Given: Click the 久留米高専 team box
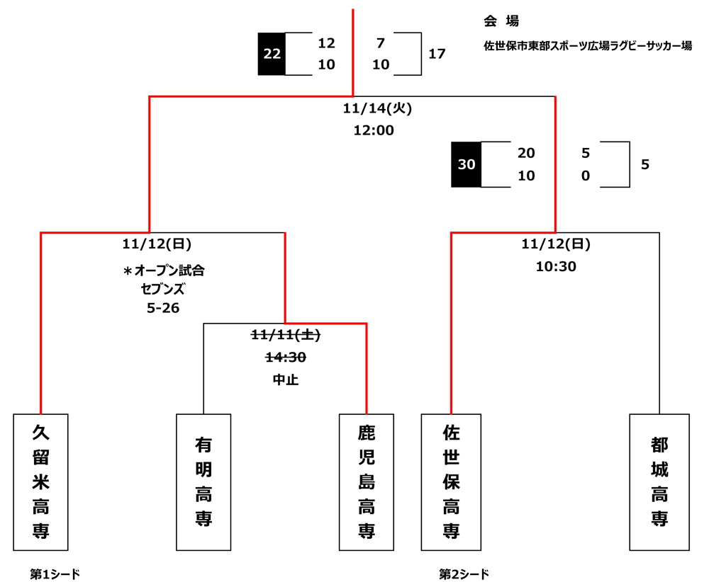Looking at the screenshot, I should [41, 481].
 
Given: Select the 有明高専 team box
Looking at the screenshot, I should [203, 481].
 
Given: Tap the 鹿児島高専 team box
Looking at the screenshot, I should [367, 481].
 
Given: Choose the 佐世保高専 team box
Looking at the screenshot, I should [451, 481].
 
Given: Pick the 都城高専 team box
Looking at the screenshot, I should [659, 481].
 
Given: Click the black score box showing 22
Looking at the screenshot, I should [272, 54].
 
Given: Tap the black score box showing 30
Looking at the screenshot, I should [467, 165].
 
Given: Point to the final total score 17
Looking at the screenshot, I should [437, 54].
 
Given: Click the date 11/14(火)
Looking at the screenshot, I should [377, 109].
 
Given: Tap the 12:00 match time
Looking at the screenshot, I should [374, 130].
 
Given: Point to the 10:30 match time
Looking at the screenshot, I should [555, 267].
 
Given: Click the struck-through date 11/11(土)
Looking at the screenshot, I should [285, 336].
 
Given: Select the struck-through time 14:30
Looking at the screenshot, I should [285, 358].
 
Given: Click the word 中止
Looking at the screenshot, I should [285, 380].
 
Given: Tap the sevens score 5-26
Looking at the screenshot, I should [164, 308].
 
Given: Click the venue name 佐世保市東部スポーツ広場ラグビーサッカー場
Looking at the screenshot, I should [588, 47].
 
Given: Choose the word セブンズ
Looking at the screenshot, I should [164, 289].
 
